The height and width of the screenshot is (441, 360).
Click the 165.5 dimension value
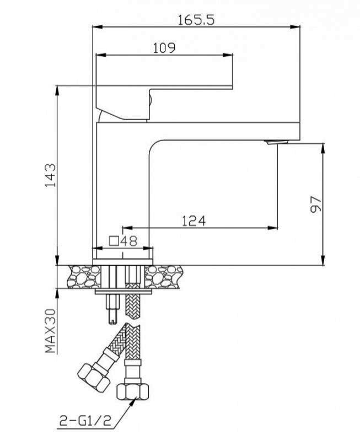(196, 20)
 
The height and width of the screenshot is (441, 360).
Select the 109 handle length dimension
(164, 48)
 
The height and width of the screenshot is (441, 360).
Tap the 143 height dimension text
(51, 175)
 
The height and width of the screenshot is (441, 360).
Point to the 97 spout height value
(315, 205)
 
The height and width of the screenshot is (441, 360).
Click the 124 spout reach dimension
(194, 221)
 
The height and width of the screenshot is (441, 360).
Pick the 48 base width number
(129, 241)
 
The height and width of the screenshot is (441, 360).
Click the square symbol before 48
(114, 241)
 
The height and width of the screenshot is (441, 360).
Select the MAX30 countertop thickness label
(51, 331)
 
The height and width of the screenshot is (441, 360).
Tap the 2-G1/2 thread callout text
(85, 421)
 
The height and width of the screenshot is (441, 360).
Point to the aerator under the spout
(277, 142)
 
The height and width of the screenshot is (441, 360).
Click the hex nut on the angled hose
(93, 378)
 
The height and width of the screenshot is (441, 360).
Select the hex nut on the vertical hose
(132, 391)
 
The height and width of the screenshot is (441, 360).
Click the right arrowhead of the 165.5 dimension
(295, 27)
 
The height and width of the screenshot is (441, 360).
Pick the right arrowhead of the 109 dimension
(228, 55)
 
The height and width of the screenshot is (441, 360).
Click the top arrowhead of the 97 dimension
(323, 148)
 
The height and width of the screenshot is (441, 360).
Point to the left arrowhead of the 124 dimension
(128, 228)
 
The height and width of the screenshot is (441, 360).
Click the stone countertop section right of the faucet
(164, 277)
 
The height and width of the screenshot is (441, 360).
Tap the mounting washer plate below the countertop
(123, 292)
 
